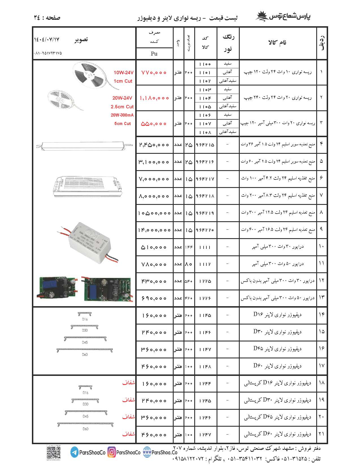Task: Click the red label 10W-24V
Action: pyautogui.click(x=123, y=73)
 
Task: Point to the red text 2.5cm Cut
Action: pyautogui.click(x=122, y=107)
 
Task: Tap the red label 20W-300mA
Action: pyautogui.click(x=122, y=115)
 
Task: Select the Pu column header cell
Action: pyautogui.click(x=154, y=54)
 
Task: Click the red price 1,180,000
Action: pyautogui.click(x=154, y=98)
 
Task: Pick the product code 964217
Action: pyautogui.click(x=205, y=179)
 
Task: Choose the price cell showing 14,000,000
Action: pyautogui.click(x=154, y=230)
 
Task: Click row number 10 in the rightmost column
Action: pyautogui.click(x=322, y=247)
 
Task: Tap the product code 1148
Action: pyautogui.click(x=205, y=367)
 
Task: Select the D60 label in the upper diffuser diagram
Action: pyautogui.click(x=85, y=354)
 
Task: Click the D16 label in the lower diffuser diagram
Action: pyautogui.click(x=86, y=393)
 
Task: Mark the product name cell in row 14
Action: pyautogui.click(x=278, y=315)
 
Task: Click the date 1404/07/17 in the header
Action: pyautogui.click(x=47, y=39)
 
